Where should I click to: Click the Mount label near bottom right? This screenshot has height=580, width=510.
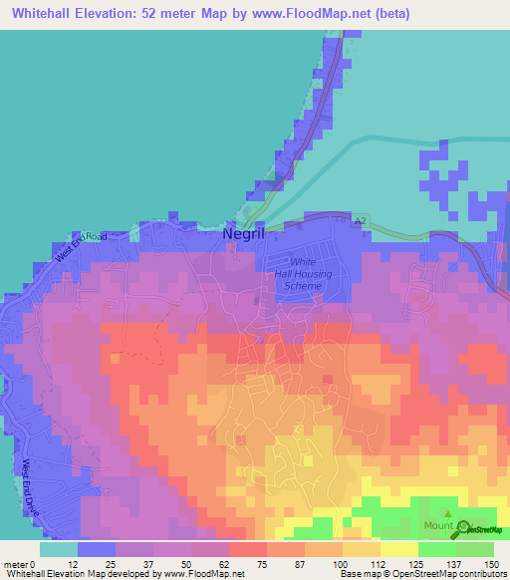coord(439,525)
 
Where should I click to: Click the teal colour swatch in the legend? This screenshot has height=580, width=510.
coord(59,549)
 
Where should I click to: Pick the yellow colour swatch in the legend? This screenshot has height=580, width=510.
coord(398,549)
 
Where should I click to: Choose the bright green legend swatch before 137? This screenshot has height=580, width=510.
coord(436,549)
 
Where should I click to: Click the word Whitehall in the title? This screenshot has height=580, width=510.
coord(40,13)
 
